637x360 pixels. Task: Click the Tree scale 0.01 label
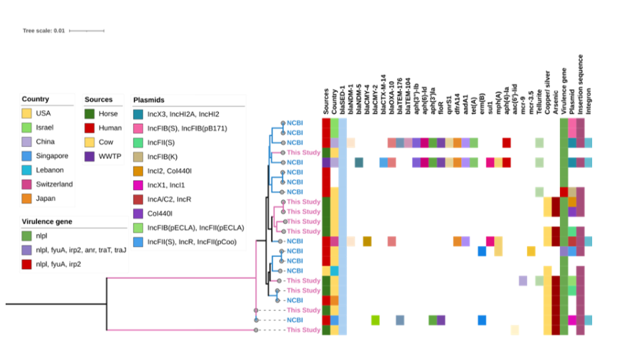(x=43, y=31)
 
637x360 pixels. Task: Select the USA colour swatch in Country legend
(x=27, y=113)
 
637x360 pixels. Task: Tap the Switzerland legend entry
(x=54, y=184)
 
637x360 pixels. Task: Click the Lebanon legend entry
(x=50, y=170)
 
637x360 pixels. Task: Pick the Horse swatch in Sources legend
(x=90, y=113)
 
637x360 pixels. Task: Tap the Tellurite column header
(x=540, y=93)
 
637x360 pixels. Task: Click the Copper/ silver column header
(x=547, y=88)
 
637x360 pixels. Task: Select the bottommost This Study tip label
(x=303, y=329)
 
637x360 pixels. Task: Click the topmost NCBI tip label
(x=294, y=123)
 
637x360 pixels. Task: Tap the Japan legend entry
(x=47, y=199)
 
